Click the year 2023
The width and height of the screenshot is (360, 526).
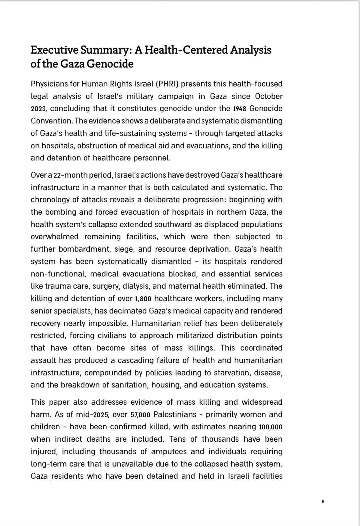pos(38,109)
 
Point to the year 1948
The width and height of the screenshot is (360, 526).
pos(240,109)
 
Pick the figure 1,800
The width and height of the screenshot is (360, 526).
pos(143,299)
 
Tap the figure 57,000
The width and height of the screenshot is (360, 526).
pos(140,415)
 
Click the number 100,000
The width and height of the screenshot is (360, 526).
pos(271,427)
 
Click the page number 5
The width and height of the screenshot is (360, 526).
pos(323,502)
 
